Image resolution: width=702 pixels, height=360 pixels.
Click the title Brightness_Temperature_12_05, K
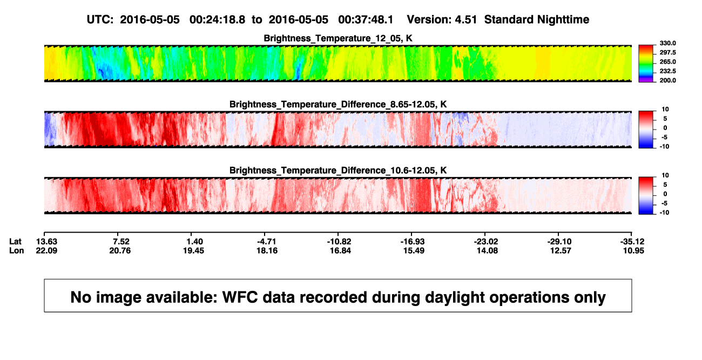[338, 38]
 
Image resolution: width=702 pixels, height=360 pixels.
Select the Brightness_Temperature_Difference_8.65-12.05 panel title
[338, 104]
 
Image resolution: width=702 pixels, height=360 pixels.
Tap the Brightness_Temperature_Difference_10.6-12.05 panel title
[338, 171]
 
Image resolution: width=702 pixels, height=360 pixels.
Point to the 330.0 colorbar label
[667, 43]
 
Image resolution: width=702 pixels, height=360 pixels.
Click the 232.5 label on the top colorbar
[667, 71]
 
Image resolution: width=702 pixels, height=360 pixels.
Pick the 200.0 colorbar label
[667, 80]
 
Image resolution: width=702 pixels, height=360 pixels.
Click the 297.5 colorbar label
[667, 53]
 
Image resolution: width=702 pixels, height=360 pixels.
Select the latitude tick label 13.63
[46, 242]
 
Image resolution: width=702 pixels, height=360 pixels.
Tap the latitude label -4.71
[267, 242]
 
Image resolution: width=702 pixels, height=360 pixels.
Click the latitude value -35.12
[632, 242]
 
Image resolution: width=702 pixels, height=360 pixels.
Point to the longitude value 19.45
[194, 250]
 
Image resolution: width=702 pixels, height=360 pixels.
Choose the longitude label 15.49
[414, 250]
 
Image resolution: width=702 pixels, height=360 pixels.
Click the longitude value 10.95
[633, 250]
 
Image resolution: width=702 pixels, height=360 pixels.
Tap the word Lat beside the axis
[15, 242]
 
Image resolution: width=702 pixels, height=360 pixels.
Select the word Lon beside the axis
[17, 250]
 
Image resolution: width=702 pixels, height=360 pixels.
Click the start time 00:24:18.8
[217, 20]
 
